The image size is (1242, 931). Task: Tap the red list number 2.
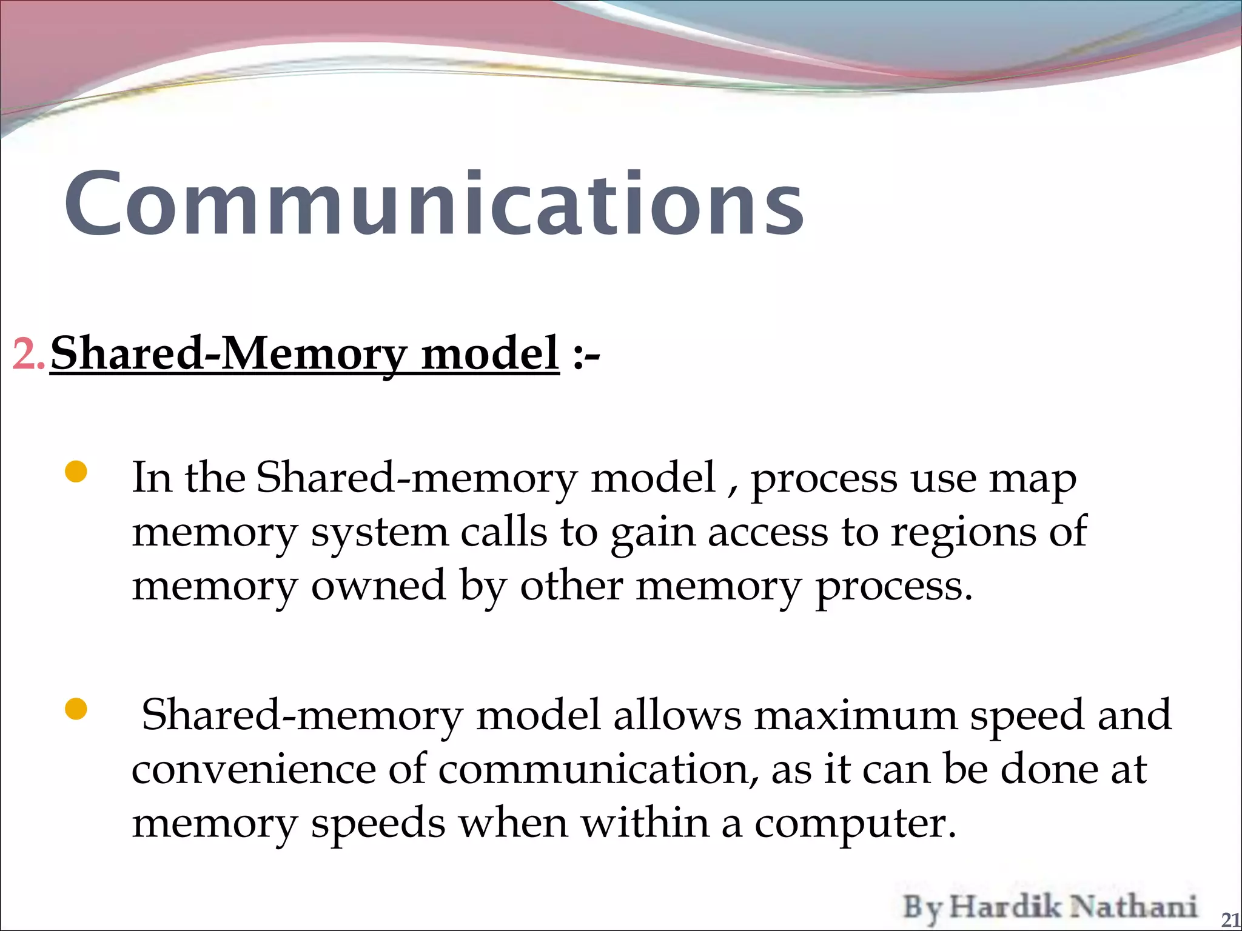[x=28, y=354]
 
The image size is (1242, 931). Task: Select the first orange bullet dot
[x=76, y=472]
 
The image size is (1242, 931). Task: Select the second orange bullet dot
[x=76, y=708]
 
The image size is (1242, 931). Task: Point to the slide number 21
[x=1230, y=919]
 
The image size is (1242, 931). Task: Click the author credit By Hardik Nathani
[x=1050, y=907]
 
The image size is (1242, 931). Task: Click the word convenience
[x=253, y=770]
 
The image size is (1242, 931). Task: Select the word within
[x=645, y=823]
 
